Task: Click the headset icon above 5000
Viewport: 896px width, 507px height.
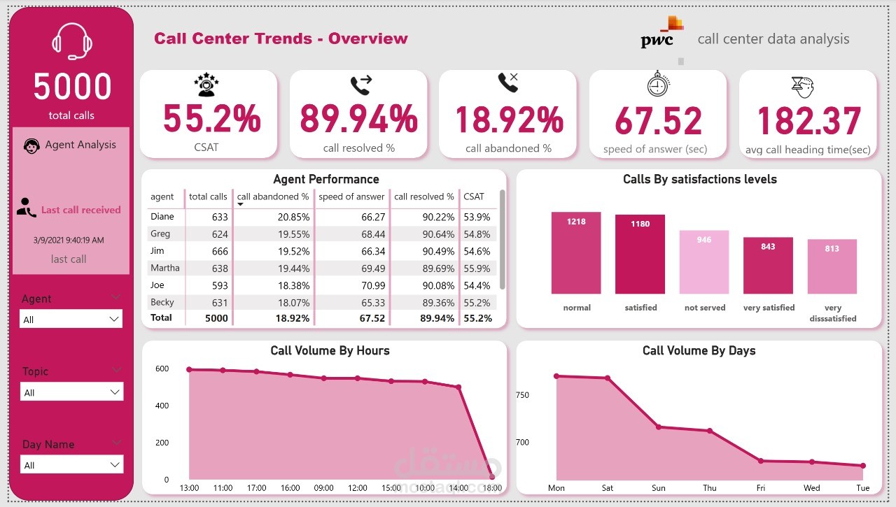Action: click(72, 42)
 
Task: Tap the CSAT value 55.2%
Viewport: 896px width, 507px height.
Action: click(211, 119)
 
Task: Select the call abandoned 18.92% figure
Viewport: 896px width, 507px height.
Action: click(509, 120)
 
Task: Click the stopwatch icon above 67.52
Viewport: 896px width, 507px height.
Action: click(658, 85)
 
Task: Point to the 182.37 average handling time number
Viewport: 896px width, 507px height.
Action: click(808, 120)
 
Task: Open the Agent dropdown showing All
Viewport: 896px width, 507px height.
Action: click(71, 320)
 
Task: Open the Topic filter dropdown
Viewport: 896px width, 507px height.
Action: click(71, 392)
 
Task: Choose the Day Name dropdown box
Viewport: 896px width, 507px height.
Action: click(71, 465)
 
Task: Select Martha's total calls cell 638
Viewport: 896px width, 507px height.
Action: click(219, 268)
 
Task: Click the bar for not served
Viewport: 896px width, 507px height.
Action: click(704, 262)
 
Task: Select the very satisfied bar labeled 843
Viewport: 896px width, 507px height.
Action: click(768, 266)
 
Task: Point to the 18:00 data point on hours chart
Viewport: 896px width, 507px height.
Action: click(492, 478)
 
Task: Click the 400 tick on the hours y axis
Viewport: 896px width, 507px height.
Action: click(162, 406)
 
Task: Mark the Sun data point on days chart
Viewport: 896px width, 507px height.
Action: click(658, 427)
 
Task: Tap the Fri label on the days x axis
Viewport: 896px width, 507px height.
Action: click(761, 488)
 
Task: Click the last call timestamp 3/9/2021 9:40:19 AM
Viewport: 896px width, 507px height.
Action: click(69, 240)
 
